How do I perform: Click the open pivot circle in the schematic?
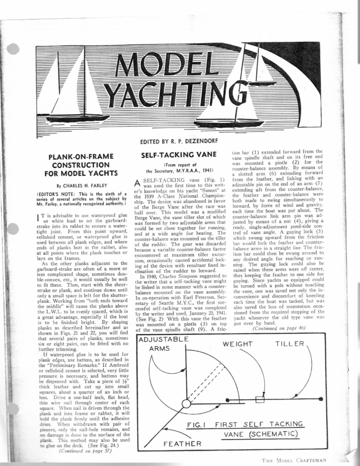[x=187, y=403]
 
